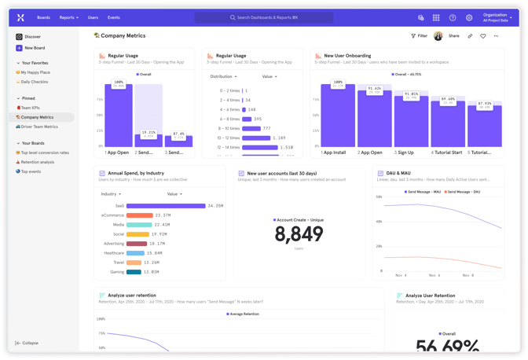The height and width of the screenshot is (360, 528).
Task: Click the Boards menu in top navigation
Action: [x=43, y=17]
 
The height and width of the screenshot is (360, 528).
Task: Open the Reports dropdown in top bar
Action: [x=68, y=17]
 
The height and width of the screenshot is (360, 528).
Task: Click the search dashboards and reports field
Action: [x=264, y=17]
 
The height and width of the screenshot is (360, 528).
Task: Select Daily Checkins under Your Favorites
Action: [x=35, y=82]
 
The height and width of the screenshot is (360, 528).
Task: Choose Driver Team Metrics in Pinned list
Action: [x=38, y=127]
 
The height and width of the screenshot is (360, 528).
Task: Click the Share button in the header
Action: [x=454, y=36]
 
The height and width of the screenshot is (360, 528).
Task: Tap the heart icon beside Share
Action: [x=483, y=36]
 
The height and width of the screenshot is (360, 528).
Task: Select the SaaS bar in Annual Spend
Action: [x=166, y=206]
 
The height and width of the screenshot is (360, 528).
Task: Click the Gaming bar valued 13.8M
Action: [x=134, y=272]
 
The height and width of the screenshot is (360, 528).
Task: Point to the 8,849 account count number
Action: [x=299, y=234]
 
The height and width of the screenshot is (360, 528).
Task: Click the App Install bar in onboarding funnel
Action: [x=338, y=116]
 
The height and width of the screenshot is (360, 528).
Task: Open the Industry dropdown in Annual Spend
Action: [x=110, y=193]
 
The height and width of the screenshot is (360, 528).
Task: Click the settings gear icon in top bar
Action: [x=469, y=17]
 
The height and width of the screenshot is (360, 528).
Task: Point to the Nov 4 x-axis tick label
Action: [x=401, y=275]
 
